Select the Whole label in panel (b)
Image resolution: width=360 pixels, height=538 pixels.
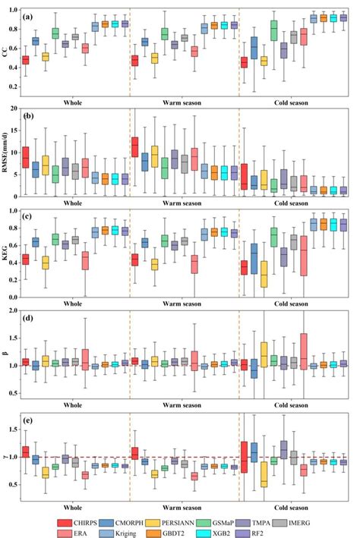tap(74, 203)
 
